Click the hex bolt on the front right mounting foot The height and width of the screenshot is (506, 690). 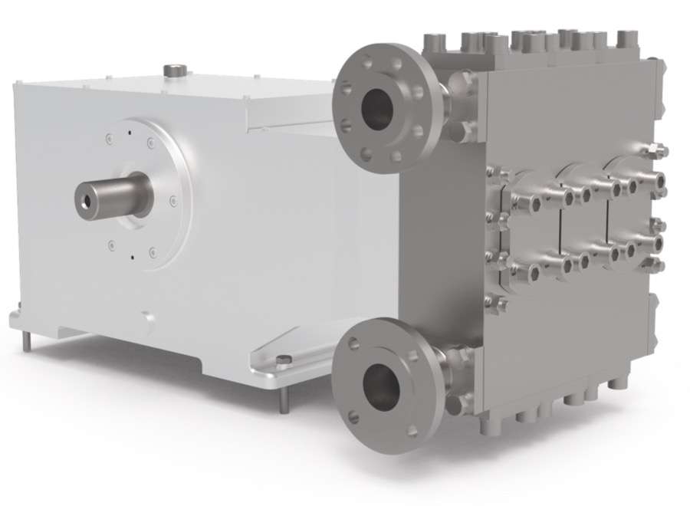pos(283,360)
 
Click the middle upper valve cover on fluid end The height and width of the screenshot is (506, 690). pos(590,184)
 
